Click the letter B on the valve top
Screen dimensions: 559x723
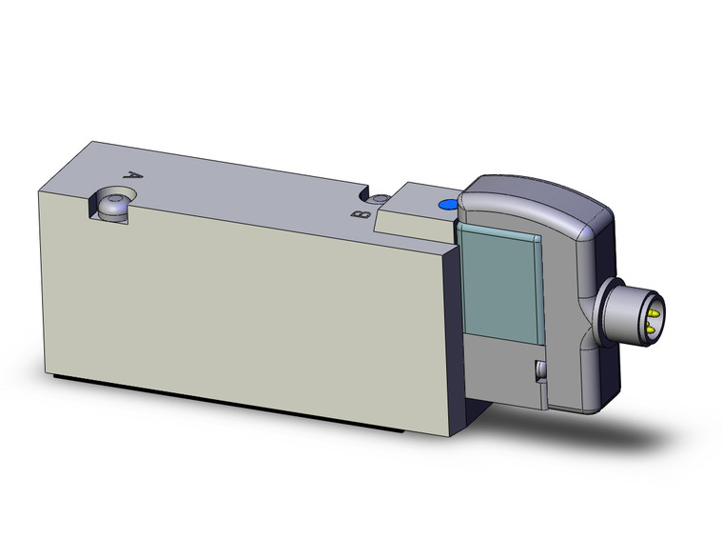[360, 214]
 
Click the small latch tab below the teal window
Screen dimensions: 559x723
[539, 370]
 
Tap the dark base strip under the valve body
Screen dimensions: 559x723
[238, 394]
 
